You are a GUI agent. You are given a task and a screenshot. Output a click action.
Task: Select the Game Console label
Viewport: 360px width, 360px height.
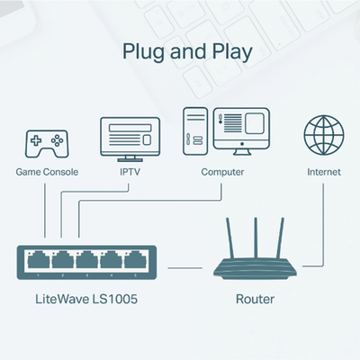(46, 172)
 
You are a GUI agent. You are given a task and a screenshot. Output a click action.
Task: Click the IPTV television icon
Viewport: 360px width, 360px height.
(131, 136)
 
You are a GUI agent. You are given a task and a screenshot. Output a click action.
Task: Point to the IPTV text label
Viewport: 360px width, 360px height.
(131, 172)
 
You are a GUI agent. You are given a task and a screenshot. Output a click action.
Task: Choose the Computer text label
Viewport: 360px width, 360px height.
(223, 172)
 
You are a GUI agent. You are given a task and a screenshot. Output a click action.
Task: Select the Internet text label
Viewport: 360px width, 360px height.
(324, 172)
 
